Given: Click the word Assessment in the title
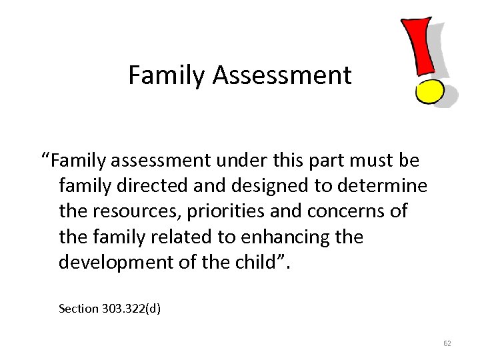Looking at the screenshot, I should pos(282,75).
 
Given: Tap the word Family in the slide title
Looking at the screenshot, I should pos(167,75).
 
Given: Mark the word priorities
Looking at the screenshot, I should pos(230,211).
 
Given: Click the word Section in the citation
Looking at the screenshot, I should pos(78,309).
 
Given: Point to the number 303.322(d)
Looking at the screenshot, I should pos(131,309).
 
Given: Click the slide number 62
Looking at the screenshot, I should pos(447,344).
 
